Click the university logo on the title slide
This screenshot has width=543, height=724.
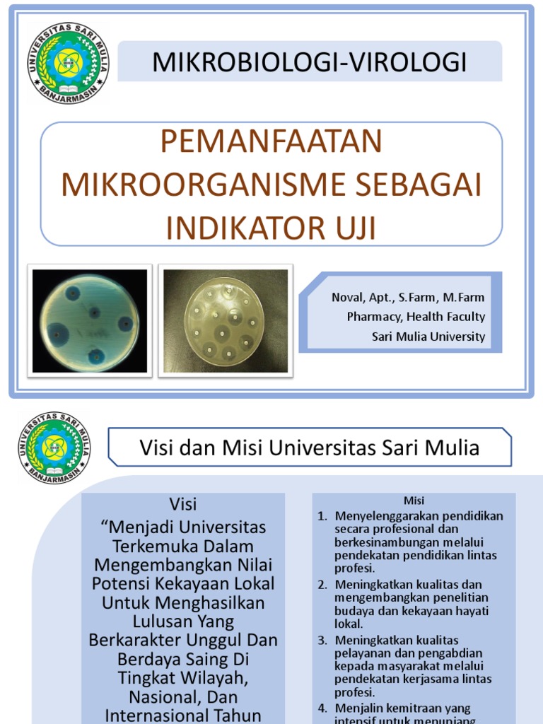pyautogui.click(x=68, y=63)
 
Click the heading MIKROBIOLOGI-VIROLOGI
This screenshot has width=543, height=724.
pyautogui.click(x=310, y=62)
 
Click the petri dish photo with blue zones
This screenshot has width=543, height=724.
pyautogui.click(x=90, y=321)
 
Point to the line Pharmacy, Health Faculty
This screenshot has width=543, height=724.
pyautogui.click(x=416, y=317)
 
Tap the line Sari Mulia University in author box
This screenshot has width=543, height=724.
pyautogui.click(x=428, y=337)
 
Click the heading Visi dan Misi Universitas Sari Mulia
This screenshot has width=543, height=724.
pyautogui.click(x=310, y=448)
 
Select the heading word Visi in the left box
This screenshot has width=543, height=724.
pyautogui.click(x=183, y=504)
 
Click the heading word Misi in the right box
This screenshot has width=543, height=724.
pyautogui.click(x=414, y=501)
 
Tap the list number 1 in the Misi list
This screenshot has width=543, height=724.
pyautogui.click(x=322, y=516)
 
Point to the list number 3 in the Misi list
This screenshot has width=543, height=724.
pyautogui.click(x=322, y=640)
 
